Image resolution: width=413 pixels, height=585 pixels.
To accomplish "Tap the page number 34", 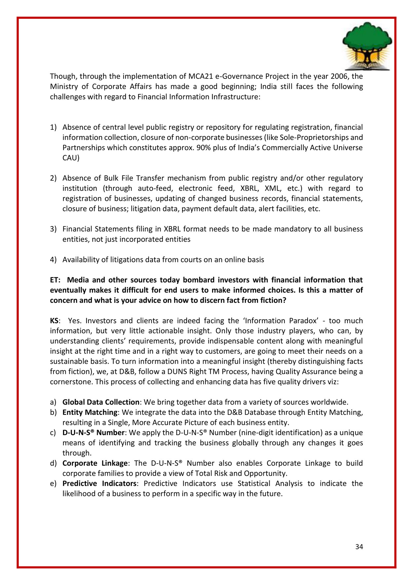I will click(359, 547).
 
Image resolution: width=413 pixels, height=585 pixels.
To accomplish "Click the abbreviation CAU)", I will click(71, 158).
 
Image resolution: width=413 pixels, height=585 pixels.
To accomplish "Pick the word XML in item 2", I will click(273, 188).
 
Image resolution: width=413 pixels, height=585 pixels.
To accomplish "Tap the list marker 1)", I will click(53, 127).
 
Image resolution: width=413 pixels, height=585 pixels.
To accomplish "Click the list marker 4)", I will click(53, 260).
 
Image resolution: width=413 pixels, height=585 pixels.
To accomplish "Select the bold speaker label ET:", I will click(55, 280).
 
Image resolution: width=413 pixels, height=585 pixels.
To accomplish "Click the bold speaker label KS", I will click(55, 321).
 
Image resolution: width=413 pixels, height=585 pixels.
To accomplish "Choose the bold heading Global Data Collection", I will click(101, 402).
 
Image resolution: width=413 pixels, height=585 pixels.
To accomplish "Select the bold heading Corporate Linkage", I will click(95, 463).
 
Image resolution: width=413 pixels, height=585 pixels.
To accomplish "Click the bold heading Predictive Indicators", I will click(99, 484).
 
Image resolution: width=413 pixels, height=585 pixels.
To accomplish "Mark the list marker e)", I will click(53, 484).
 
